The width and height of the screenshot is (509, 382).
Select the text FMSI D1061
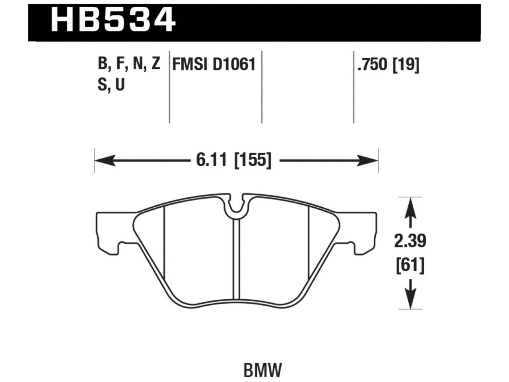point(213,64)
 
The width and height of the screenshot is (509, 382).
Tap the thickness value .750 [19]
point(388,65)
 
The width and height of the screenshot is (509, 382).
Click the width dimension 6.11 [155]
point(233,161)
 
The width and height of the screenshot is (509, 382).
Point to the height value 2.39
point(410,241)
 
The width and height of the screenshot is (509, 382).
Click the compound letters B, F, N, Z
point(129,64)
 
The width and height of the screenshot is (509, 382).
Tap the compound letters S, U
point(111,84)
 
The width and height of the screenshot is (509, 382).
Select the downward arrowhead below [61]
point(410,298)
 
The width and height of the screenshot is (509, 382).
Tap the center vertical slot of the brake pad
point(237,259)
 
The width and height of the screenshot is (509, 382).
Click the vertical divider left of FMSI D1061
point(170,88)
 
